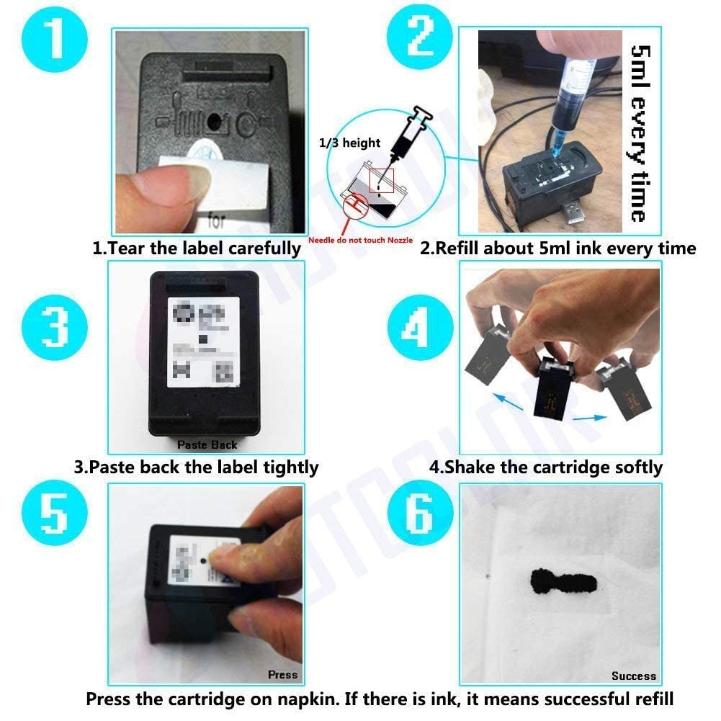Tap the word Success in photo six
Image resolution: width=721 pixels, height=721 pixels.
point(633,676)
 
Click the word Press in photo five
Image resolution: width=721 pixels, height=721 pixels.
point(282,675)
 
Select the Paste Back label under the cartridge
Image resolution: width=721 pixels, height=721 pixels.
point(207,445)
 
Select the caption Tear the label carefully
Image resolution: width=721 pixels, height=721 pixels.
point(196,248)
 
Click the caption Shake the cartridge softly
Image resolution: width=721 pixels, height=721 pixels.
point(545,467)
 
